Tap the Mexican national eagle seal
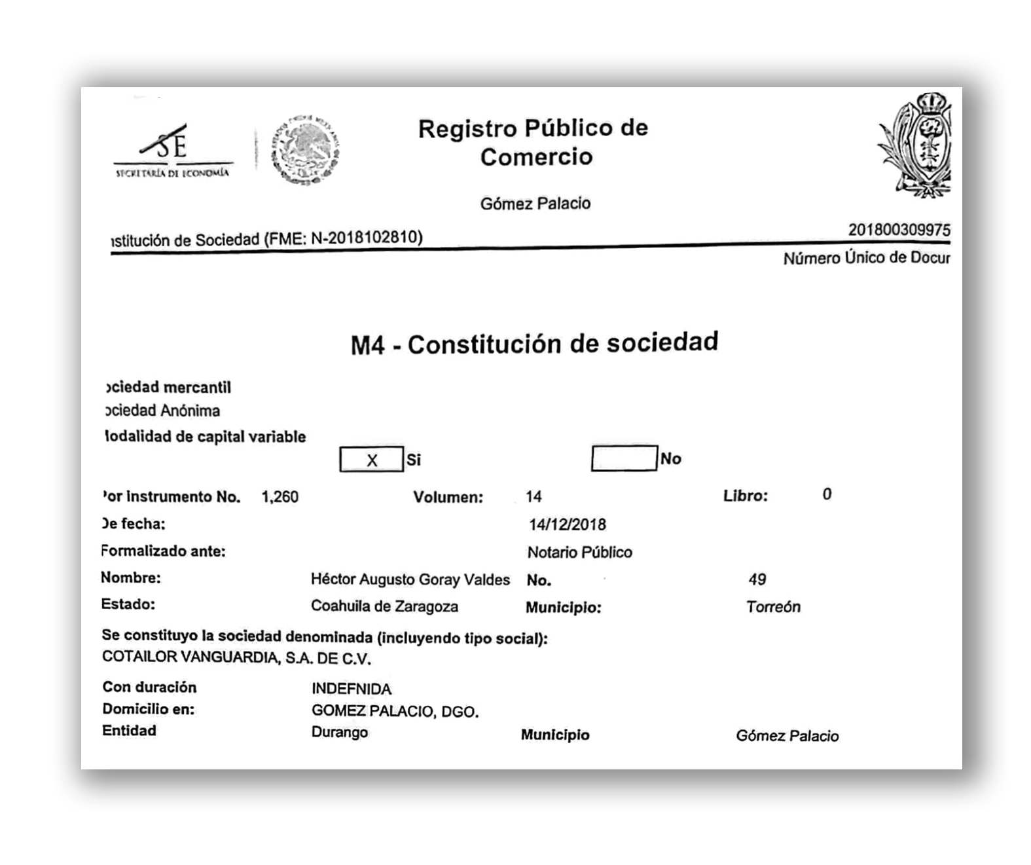(305, 150)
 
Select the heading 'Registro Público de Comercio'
(533, 142)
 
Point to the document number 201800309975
(899, 230)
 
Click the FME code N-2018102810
(366, 237)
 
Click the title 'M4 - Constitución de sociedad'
(534, 343)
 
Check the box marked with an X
(371, 460)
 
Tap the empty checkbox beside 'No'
(623, 458)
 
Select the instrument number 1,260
(280, 497)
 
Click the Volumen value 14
(534, 496)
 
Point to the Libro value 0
(827, 494)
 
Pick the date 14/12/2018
(567, 525)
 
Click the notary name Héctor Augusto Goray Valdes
(410, 580)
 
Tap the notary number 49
(757, 580)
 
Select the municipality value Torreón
(773, 607)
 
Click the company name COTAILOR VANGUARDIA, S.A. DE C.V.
(236, 657)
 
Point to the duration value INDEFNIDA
(351, 689)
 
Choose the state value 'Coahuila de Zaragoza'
(384, 606)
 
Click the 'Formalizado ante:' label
(163, 551)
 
